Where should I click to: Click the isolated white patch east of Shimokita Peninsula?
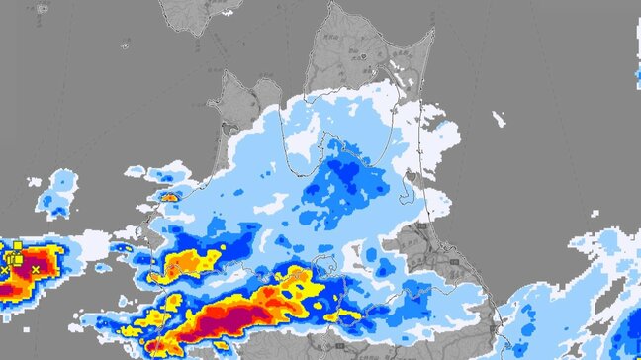tap(500, 120)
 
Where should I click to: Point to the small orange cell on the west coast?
tap(170, 197)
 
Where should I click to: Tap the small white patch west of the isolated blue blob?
tap(35, 182)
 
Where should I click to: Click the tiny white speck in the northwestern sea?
tap(126, 44)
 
